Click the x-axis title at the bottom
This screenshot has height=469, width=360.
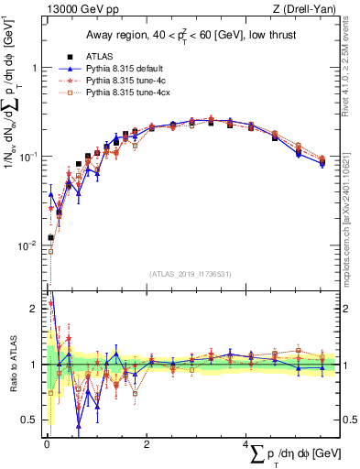(x=298, y=453)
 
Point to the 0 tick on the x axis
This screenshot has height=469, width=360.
(x=47, y=444)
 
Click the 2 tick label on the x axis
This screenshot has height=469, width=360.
(x=147, y=444)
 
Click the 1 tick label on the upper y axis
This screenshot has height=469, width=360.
(x=34, y=69)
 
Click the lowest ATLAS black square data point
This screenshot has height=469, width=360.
(x=51, y=237)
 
